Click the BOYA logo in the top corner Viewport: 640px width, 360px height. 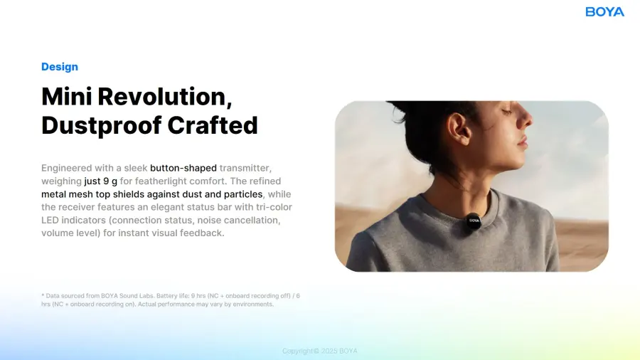604,12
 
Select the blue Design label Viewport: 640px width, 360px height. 60,67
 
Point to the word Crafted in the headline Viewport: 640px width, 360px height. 213,125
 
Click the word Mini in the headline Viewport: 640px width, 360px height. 67,97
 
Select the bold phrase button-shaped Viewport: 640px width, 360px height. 183,168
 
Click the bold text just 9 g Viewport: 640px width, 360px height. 100,181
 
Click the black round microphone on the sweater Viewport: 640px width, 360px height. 474,221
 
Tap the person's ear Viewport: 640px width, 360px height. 459,128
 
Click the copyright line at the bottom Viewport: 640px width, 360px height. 319,351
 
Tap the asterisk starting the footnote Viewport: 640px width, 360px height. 43,295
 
